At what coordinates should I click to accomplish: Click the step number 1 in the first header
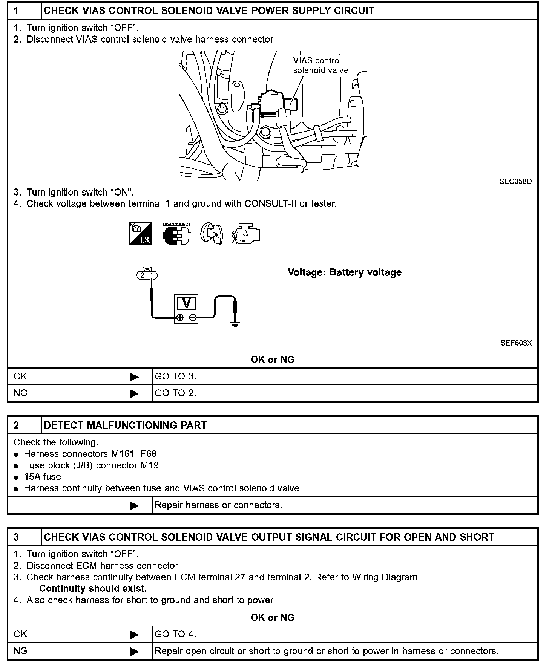click(16, 11)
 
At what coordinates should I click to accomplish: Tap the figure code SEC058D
click(515, 181)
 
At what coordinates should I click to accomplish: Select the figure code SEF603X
click(516, 343)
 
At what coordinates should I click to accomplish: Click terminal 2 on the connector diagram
click(142, 275)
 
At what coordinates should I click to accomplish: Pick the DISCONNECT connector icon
click(177, 234)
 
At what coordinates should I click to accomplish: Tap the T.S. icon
click(141, 233)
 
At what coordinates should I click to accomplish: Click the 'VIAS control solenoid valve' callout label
click(320, 65)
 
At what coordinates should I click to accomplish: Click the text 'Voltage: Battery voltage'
click(344, 272)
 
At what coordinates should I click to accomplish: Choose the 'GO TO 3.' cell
click(176, 376)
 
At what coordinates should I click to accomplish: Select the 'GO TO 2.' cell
click(176, 393)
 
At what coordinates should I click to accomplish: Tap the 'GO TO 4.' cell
click(176, 634)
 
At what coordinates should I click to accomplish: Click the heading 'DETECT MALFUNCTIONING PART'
click(125, 425)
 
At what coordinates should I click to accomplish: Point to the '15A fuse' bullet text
click(42, 477)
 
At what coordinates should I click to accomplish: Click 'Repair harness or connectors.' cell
click(218, 505)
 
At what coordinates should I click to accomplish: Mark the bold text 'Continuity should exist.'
click(93, 588)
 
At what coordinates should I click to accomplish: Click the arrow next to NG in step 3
click(134, 651)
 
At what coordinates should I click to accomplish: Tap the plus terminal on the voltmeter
click(180, 318)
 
